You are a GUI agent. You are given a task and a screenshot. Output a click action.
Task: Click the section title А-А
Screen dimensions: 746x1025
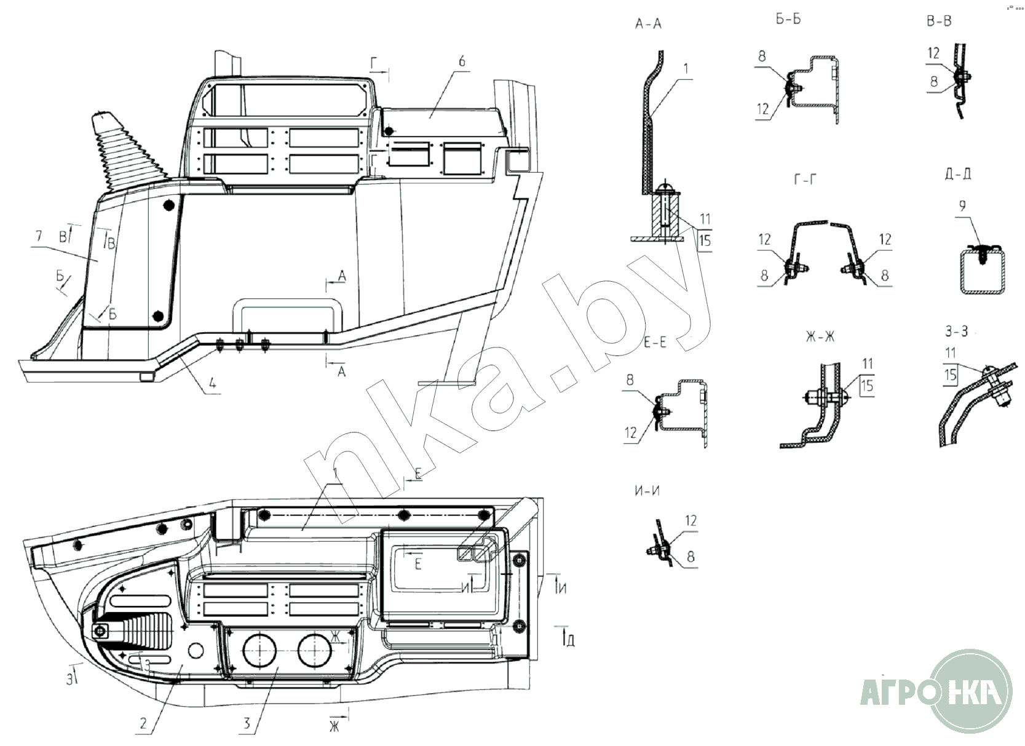(x=649, y=24)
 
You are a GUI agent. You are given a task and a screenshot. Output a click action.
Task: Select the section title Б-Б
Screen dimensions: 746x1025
(x=788, y=19)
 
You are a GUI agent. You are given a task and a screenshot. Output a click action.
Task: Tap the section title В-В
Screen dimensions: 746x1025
(x=939, y=22)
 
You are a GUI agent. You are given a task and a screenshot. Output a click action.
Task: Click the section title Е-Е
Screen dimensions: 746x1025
(x=655, y=343)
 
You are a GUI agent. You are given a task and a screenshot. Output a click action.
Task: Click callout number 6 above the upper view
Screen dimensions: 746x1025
(x=462, y=62)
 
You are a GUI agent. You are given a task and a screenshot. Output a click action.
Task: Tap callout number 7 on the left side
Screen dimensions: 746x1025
(x=39, y=236)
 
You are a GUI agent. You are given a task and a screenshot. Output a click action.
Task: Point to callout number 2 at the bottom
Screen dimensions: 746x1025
(x=143, y=723)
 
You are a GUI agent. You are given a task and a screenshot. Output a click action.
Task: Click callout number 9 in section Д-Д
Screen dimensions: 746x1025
(x=962, y=206)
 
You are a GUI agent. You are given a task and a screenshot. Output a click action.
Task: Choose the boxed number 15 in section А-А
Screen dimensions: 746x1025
(x=705, y=239)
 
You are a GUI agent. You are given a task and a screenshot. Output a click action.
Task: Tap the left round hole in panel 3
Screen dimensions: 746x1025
(x=259, y=652)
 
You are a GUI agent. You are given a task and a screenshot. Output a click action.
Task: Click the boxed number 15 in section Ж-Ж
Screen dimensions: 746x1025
(x=867, y=385)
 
